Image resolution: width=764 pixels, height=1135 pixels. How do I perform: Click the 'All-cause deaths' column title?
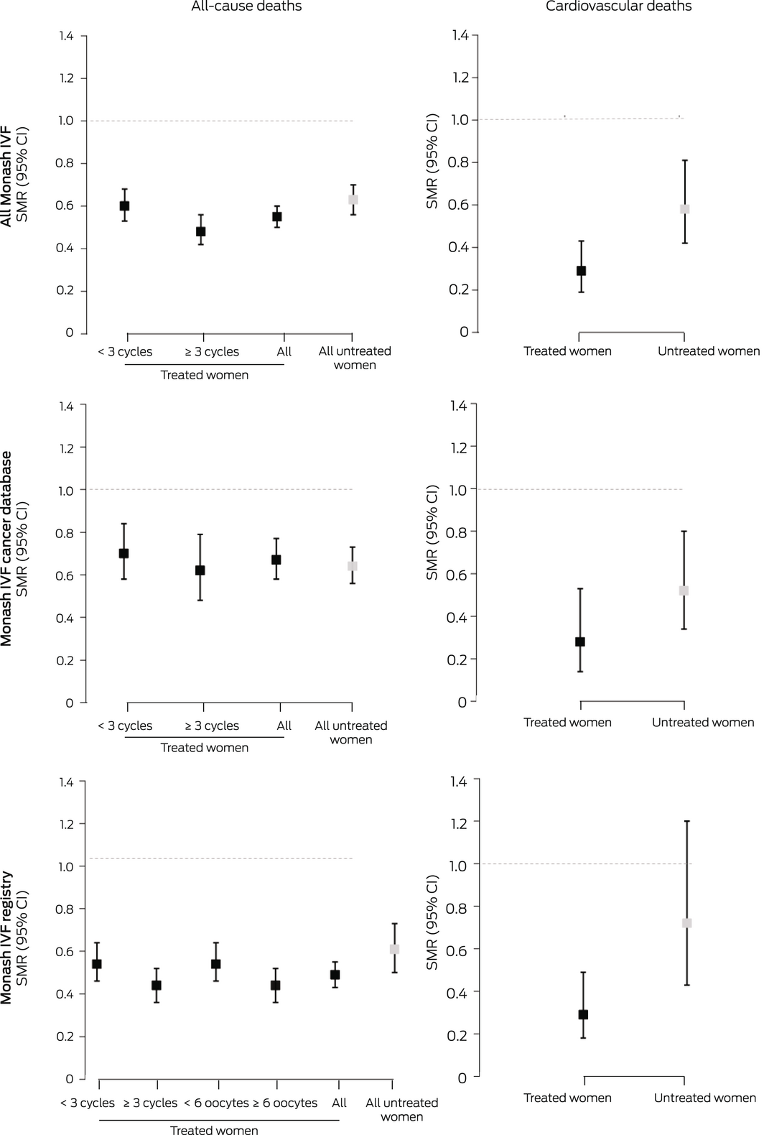(246, 6)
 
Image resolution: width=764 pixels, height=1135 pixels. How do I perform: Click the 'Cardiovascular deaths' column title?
(618, 6)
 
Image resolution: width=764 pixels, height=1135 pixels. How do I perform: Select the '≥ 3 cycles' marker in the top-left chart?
(201, 231)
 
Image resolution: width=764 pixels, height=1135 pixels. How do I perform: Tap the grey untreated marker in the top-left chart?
(353, 200)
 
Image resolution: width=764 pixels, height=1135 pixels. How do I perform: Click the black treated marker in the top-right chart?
(581, 271)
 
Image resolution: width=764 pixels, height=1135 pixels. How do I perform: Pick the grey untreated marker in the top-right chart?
(684, 209)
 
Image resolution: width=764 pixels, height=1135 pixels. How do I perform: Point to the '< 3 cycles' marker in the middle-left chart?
(124, 553)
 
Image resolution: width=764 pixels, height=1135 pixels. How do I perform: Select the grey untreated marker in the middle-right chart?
(684, 590)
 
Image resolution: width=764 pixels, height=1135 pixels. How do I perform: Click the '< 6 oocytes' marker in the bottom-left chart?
(215, 964)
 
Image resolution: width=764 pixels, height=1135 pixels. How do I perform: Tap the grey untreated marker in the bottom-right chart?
(686, 923)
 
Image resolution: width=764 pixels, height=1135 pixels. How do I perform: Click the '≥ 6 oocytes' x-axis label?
(285, 1103)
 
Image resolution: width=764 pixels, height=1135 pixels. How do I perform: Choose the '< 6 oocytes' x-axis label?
(216, 1103)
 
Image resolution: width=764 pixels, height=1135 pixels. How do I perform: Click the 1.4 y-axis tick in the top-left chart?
(67, 36)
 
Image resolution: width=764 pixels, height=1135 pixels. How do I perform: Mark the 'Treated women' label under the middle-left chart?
(205, 748)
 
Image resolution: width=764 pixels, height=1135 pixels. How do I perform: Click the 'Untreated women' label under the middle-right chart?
(703, 723)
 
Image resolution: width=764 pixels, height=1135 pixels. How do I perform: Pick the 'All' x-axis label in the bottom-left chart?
(340, 1103)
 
